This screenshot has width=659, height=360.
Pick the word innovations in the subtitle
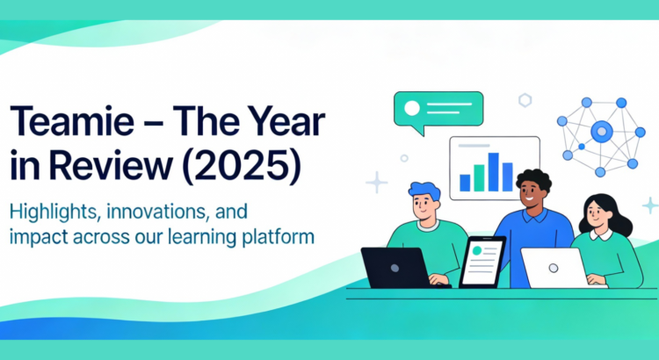(163, 213)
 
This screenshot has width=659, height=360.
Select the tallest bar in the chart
(494, 172)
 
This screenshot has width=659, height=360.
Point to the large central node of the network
(601, 133)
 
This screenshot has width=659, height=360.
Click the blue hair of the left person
(425, 191)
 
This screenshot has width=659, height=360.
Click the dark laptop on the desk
(394, 267)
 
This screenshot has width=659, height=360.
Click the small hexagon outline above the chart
(525, 100)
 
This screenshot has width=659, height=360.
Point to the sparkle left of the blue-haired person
(377, 182)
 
